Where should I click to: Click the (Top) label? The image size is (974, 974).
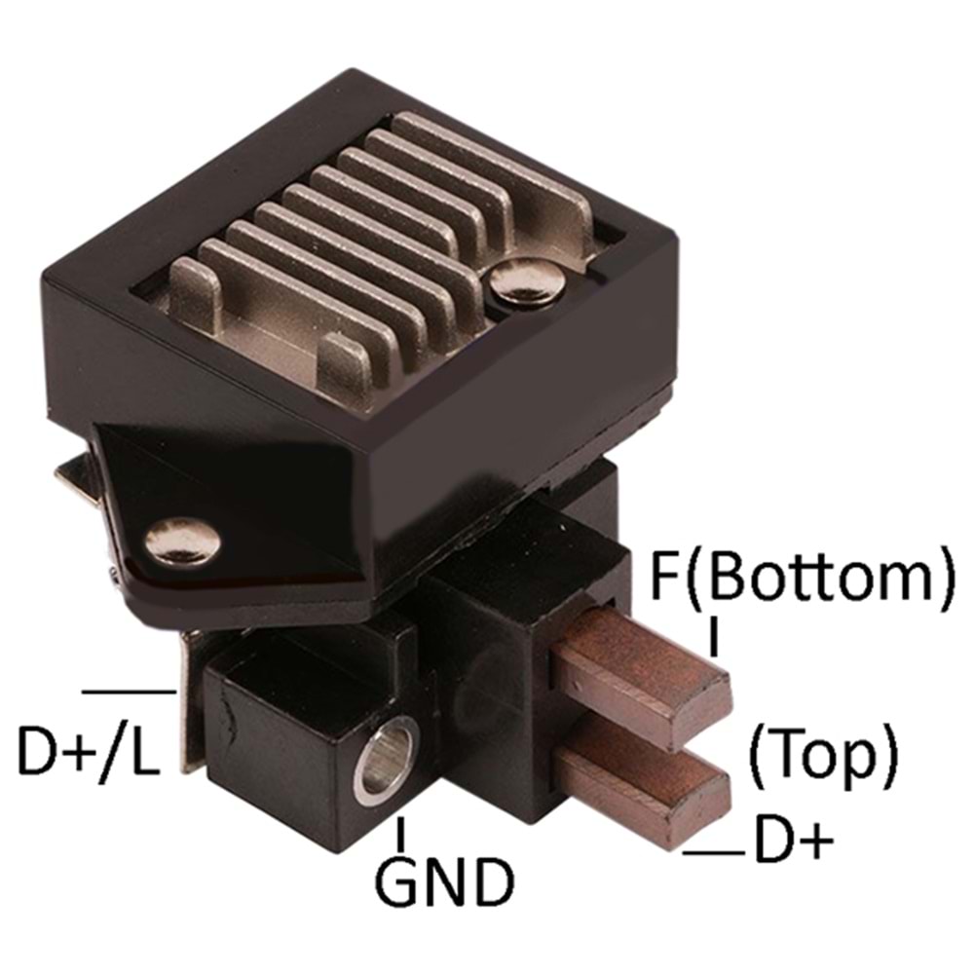(823, 755)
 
